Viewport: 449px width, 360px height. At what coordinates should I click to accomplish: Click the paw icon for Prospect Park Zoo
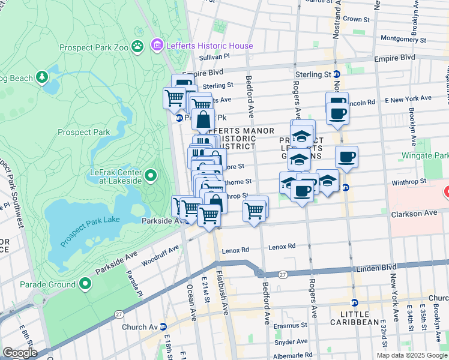pyautogui.click(x=138, y=46)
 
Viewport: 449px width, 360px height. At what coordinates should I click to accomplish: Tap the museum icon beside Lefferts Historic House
pyautogui.click(x=157, y=45)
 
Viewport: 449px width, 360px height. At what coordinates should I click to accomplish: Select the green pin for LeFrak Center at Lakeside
pyautogui.click(x=151, y=175)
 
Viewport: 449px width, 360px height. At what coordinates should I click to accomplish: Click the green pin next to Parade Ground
pyautogui.click(x=85, y=284)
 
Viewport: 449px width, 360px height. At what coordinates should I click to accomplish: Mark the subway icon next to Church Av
pyautogui.click(x=163, y=327)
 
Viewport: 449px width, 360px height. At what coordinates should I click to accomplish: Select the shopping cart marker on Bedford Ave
pyautogui.click(x=255, y=211)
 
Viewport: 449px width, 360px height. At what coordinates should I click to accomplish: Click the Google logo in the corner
pyautogui.click(x=20, y=353)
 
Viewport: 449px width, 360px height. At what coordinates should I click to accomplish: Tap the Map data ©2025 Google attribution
pyautogui.click(x=411, y=355)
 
